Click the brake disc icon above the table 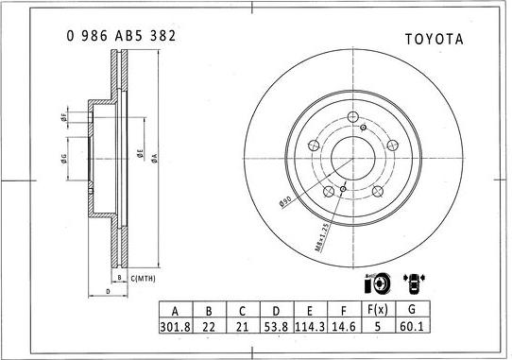tap(375, 283)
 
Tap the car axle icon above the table tap(414, 283)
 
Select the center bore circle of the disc tap(352, 157)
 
